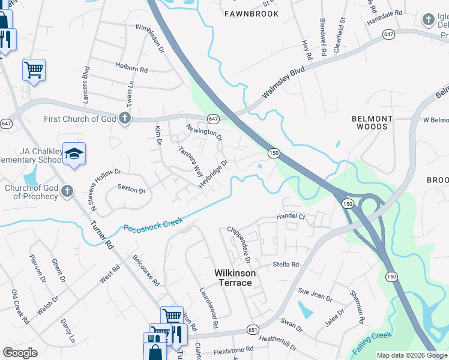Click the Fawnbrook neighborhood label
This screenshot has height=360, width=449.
[252, 13]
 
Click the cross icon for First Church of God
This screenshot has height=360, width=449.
[125, 117]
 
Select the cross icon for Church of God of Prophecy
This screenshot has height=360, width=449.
[67, 191]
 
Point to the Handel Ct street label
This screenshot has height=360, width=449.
[291, 216]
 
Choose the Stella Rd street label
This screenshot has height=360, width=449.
[286, 264]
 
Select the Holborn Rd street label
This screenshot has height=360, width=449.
[131, 70]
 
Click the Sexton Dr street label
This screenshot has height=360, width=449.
[131, 190]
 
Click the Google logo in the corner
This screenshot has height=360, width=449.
[20, 353]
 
